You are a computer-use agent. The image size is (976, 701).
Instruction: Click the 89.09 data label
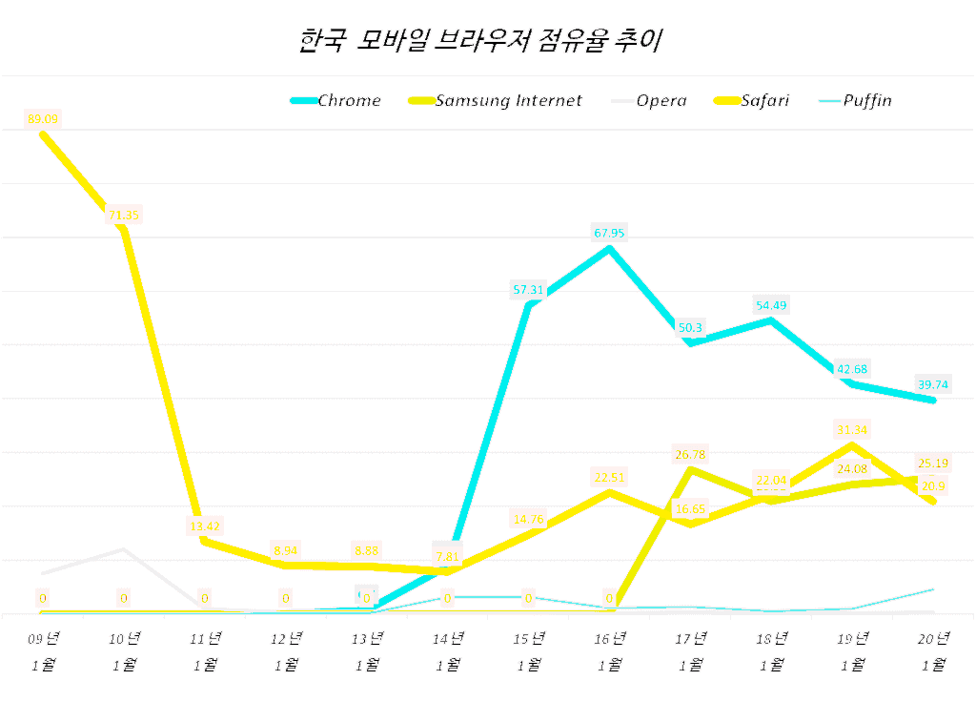[44, 119]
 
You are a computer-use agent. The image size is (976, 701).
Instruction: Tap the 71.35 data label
[124, 215]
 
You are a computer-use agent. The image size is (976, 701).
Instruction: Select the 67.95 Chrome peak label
[608, 233]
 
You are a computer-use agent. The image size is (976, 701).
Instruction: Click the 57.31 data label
[528, 290]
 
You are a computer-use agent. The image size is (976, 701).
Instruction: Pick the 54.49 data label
[770, 305]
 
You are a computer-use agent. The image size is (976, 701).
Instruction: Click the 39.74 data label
[931, 384]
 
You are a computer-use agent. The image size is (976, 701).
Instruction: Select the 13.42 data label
[205, 526]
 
